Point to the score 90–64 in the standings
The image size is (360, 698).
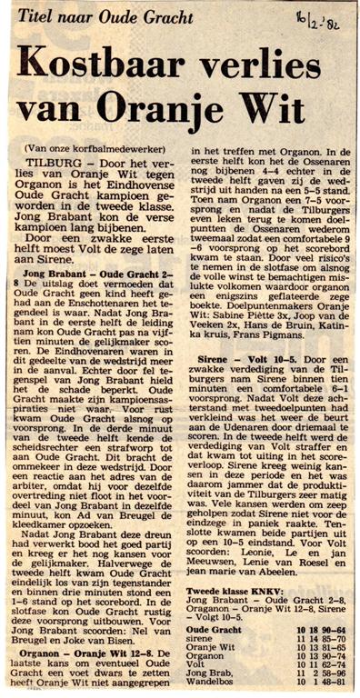point(329,603)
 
